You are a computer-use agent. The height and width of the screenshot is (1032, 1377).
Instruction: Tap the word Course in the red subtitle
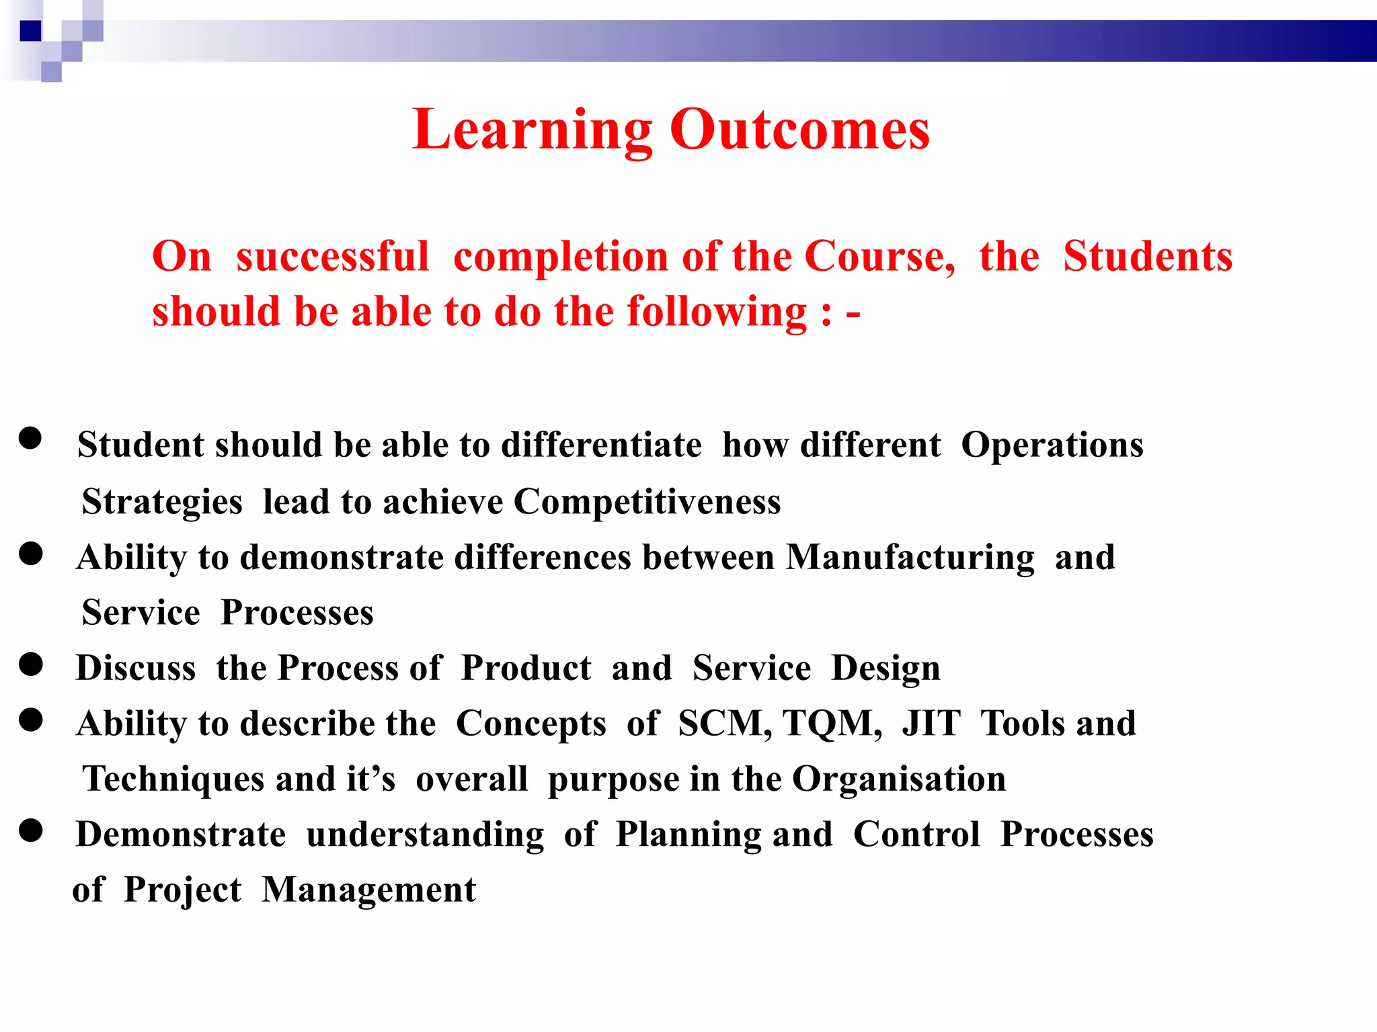pos(878,257)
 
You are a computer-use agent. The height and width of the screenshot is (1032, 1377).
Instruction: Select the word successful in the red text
pos(332,257)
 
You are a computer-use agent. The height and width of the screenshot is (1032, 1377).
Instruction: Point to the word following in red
pos(717,312)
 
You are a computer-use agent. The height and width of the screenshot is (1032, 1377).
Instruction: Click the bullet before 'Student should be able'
pos(30,438)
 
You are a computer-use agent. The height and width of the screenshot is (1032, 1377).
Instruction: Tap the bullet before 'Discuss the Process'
pos(31,664)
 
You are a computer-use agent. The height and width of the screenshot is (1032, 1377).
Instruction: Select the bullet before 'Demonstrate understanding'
pos(31,830)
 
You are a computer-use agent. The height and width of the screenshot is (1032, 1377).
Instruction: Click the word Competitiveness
pos(647,502)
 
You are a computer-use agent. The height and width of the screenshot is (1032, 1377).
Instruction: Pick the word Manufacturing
pos(910,558)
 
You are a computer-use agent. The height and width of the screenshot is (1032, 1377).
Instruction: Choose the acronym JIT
pos(931,724)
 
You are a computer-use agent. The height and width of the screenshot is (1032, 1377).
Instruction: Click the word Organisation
pos(899,779)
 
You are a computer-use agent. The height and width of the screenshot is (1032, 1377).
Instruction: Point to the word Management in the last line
pos(368,890)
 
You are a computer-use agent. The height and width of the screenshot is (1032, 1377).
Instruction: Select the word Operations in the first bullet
pos(1052,445)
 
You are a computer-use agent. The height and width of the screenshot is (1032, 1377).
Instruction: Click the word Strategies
pos(162,503)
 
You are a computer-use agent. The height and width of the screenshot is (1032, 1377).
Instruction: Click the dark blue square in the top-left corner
pos(30,31)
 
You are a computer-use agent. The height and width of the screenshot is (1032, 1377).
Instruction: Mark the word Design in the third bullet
pos(886,669)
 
